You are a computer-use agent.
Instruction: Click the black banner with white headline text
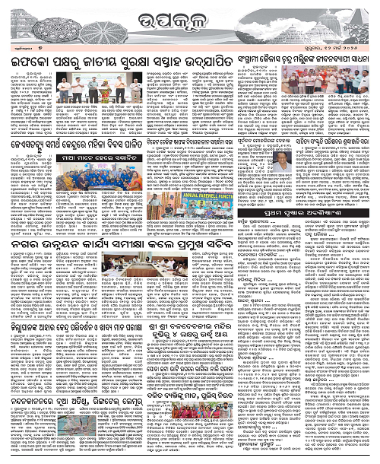point(79,154)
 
